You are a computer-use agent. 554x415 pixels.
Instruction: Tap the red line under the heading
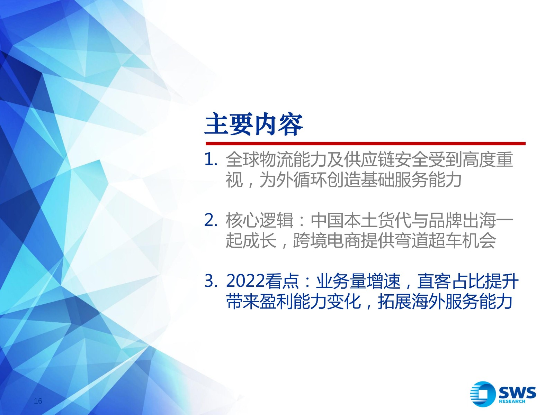[365, 144]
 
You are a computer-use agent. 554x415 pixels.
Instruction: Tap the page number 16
[38, 401]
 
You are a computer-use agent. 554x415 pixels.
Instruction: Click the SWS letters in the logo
[518, 393]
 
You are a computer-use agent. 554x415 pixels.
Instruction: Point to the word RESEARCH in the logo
[512, 402]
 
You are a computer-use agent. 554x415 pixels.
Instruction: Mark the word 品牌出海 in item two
[462, 220]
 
